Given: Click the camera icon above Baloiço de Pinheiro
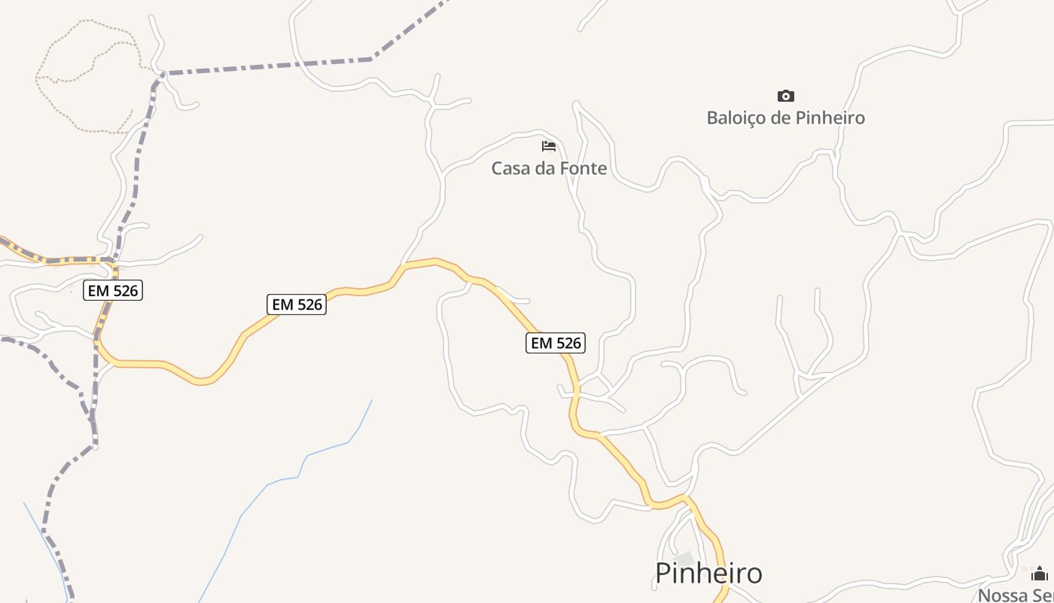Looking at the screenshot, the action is pos(785,96).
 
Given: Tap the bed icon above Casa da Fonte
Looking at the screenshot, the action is pos(549,145).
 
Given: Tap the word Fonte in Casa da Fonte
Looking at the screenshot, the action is pos(583,168).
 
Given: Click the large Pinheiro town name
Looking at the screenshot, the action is pos(708,574).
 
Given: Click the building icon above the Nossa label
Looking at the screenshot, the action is pos(1040,574).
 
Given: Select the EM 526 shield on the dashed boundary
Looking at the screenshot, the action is pos(113,290).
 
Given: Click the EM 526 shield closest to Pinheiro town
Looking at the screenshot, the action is pos(555,343).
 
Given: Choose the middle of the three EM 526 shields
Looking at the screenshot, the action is pos(297,304).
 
